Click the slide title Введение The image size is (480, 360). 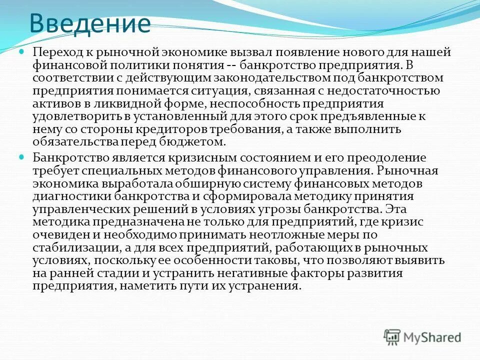[89, 23]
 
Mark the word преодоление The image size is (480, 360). [387, 158]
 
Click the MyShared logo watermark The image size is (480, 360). [422, 337]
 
